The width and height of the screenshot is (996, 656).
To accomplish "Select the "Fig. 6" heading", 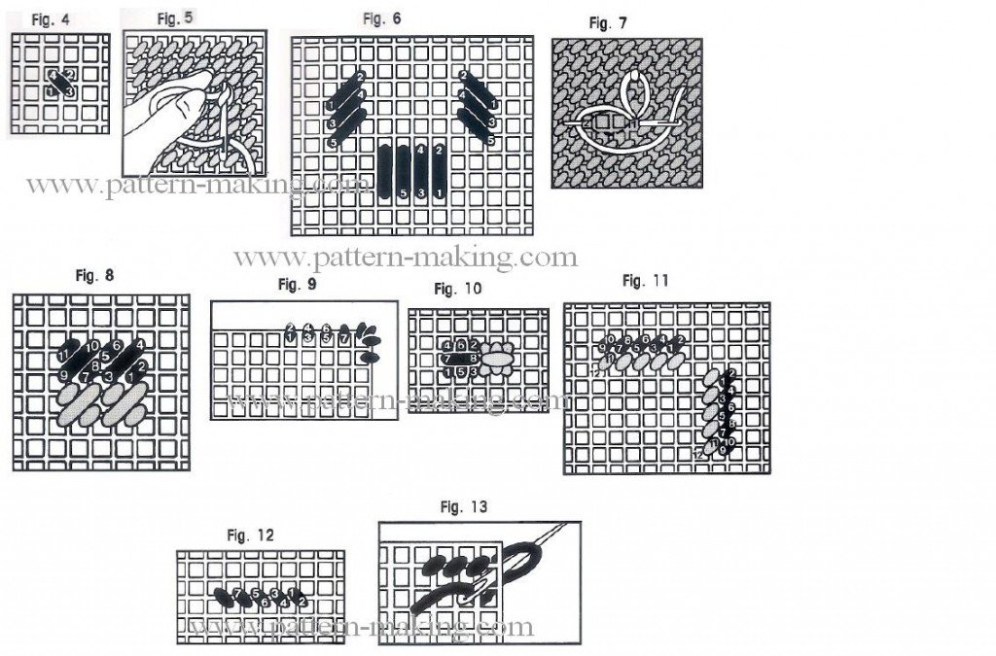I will pos(381,18).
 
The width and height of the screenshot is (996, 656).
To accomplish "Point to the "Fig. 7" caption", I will pos(609,22).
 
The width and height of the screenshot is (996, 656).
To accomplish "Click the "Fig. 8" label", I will pos(94,275).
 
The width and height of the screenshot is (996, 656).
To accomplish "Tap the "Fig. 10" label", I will pos(457,289).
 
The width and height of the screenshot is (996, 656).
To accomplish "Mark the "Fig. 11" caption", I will pos(646,281).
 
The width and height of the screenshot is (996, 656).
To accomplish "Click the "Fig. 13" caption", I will pos(463,506).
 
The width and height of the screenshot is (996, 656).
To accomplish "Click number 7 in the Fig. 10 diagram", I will pos(446,359).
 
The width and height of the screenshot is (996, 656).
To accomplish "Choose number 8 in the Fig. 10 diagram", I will pos(472,359).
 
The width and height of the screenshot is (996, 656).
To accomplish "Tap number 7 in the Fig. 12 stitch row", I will pos(237,592).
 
